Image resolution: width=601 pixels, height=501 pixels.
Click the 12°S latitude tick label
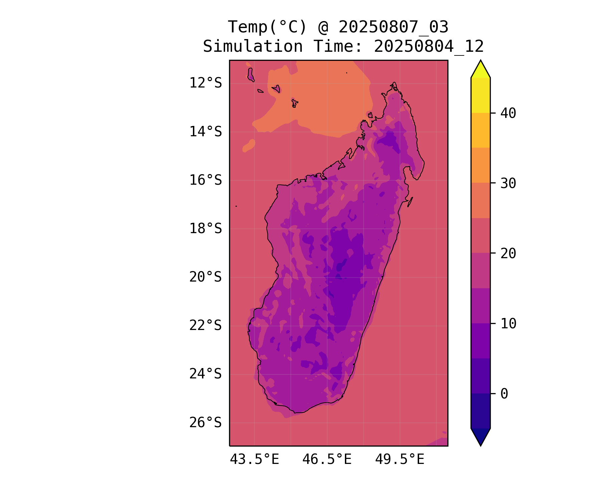[x=205, y=83]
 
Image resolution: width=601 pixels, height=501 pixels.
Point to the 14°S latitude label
[x=205, y=132]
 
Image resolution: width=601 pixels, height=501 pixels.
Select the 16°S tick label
[x=205, y=180]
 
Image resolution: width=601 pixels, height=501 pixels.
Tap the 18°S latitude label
[x=205, y=229]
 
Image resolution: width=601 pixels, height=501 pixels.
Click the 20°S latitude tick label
[x=205, y=277]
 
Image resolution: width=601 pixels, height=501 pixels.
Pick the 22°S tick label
[x=205, y=325]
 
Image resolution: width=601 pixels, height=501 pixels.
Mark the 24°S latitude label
[x=205, y=374]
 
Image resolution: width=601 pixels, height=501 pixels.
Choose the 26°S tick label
[x=205, y=423]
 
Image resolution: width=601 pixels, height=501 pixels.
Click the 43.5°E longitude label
[x=254, y=460]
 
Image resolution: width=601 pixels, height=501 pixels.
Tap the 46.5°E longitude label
[x=327, y=460]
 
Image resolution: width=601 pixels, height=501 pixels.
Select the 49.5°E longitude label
[x=400, y=460]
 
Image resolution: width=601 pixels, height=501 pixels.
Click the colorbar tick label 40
[x=508, y=113]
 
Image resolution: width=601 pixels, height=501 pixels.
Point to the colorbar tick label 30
[x=508, y=183]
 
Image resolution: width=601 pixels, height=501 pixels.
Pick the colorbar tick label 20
[x=508, y=254]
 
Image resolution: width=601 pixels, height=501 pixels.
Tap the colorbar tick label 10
[x=508, y=323]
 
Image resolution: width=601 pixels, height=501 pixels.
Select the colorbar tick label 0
[x=504, y=394]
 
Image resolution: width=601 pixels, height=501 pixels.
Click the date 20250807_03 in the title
[x=393, y=27]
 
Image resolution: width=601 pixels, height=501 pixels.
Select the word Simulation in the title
[x=253, y=46]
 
